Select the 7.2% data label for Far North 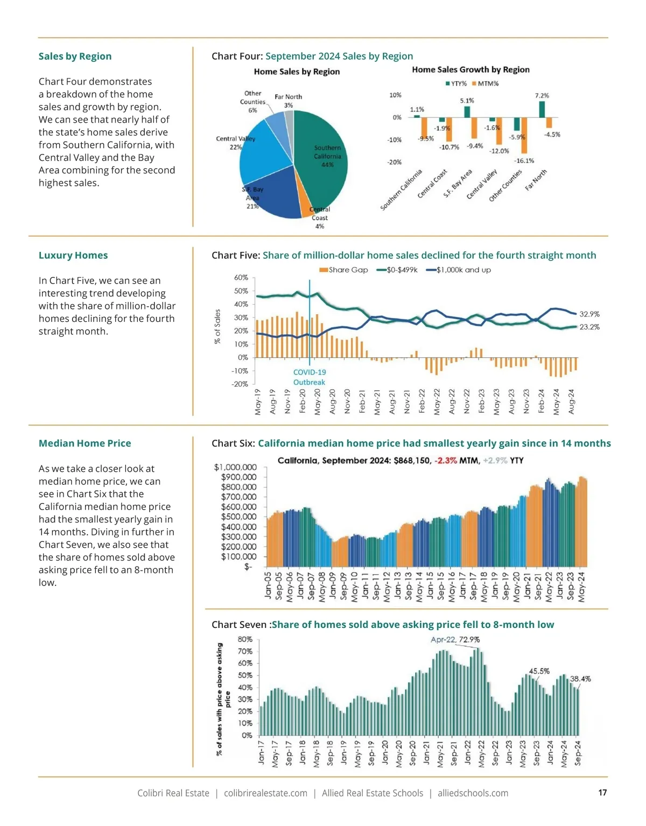click(x=542, y=96)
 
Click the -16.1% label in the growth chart click(x=524, y=161)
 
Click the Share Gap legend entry click(x=344, y=270)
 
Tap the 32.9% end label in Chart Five click(x=589, y=314)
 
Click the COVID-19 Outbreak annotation click(x=309, y=377)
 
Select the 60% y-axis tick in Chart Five click(x=241, y=278)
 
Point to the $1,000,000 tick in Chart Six click(x=235, y=467)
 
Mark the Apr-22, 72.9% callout click(x=455, y=640)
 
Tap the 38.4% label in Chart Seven click(x=580, y=679)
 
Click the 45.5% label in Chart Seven click(x=539, y=671)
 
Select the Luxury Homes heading click(x=73, y=256)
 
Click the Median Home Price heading click(x=85, y=443)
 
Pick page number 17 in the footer click(x=602, y=793)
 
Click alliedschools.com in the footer click(x=473, y=793)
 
